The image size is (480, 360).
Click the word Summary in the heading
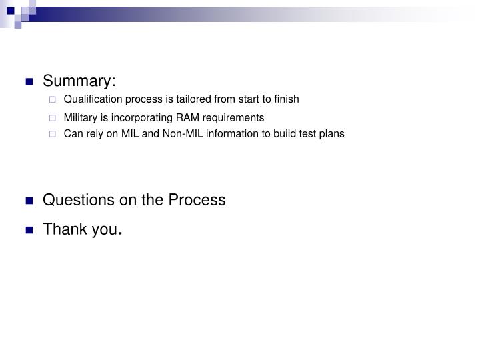point(78,81)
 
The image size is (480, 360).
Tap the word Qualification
point(91,99)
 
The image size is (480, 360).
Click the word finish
point(287,99)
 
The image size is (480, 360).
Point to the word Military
point(81,117)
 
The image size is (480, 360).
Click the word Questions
point(73,199)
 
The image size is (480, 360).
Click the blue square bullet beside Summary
point(29,83)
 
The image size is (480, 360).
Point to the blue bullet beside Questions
point(29,201)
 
